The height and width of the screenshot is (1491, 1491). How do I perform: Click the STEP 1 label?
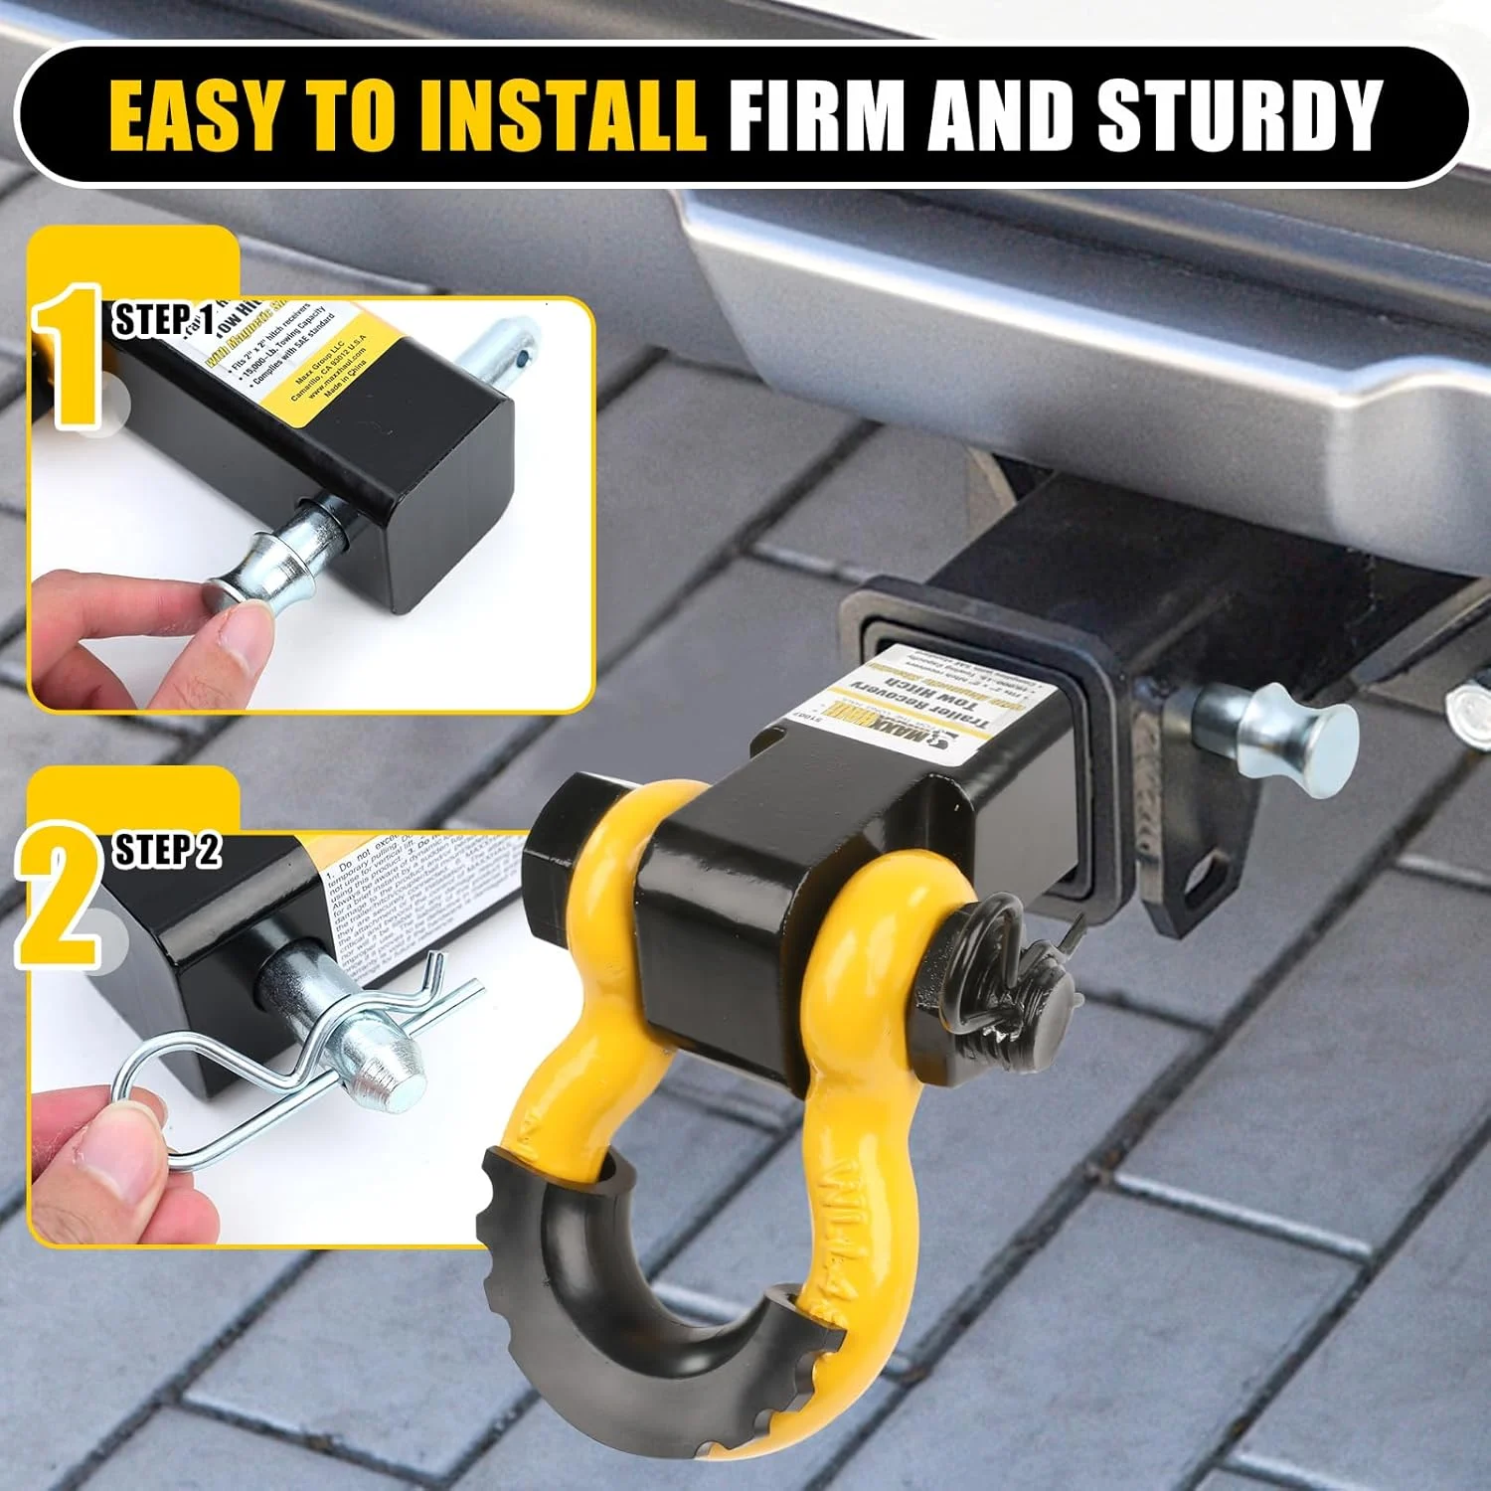coord(165,320)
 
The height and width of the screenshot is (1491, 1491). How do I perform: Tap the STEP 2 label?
coord(167,851)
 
